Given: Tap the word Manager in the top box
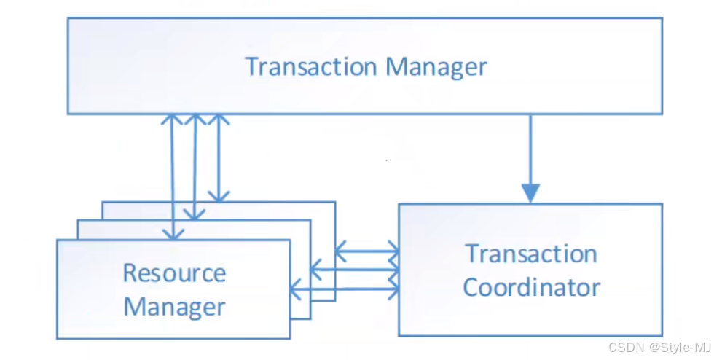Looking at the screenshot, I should pos(436,67).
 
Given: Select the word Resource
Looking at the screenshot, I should pos(174,273).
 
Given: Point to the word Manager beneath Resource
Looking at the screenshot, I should pos(174,306).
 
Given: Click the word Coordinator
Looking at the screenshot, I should pos(531,287).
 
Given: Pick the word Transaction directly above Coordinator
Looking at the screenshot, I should pos(531,254).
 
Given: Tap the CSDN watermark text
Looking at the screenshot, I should pos(624,346).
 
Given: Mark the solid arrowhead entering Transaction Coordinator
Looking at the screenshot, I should pos(530,193).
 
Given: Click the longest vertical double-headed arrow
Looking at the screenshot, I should pos(173,175).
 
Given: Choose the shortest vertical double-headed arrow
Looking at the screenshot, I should pos(218,157).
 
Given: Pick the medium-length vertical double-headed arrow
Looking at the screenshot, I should pos(195,166).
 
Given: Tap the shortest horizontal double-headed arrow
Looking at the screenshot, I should pos(366,252).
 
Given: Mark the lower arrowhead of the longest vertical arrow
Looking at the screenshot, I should pos(173,232).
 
